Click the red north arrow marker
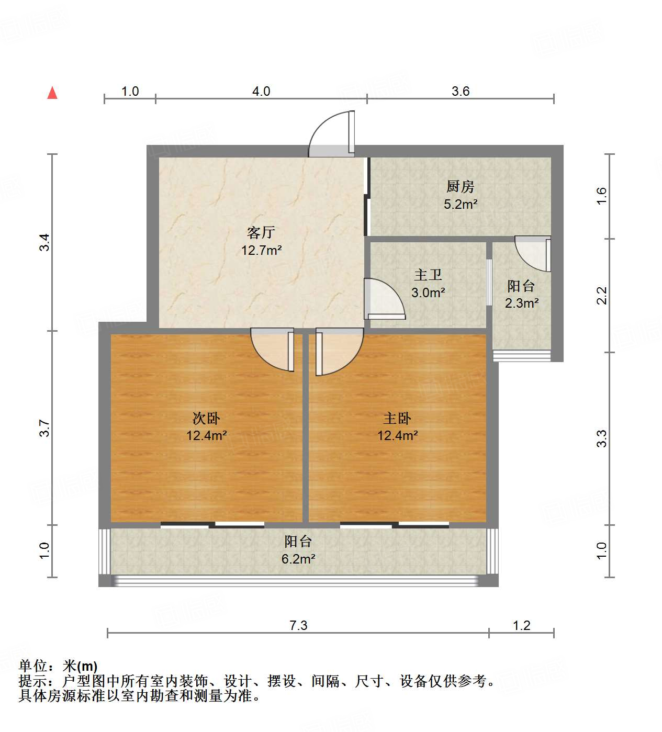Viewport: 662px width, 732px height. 52,93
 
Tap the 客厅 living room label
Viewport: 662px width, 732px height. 261,232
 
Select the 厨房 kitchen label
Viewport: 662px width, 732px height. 461,186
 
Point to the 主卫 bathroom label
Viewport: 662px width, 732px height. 428,275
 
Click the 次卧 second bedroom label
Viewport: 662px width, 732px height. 206,418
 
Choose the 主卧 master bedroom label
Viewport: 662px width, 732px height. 397,418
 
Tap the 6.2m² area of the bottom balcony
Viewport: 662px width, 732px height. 298,559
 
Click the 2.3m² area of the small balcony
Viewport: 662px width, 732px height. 522,303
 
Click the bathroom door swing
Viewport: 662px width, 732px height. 384,300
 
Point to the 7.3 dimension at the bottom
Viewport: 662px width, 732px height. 298,625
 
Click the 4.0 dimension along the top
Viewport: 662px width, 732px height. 261,92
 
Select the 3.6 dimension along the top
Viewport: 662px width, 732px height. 461,92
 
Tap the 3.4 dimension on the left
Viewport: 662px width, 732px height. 45,242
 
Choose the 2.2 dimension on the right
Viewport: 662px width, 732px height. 602,296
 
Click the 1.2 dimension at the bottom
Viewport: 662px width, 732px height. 522,625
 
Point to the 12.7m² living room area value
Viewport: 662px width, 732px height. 261,250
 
